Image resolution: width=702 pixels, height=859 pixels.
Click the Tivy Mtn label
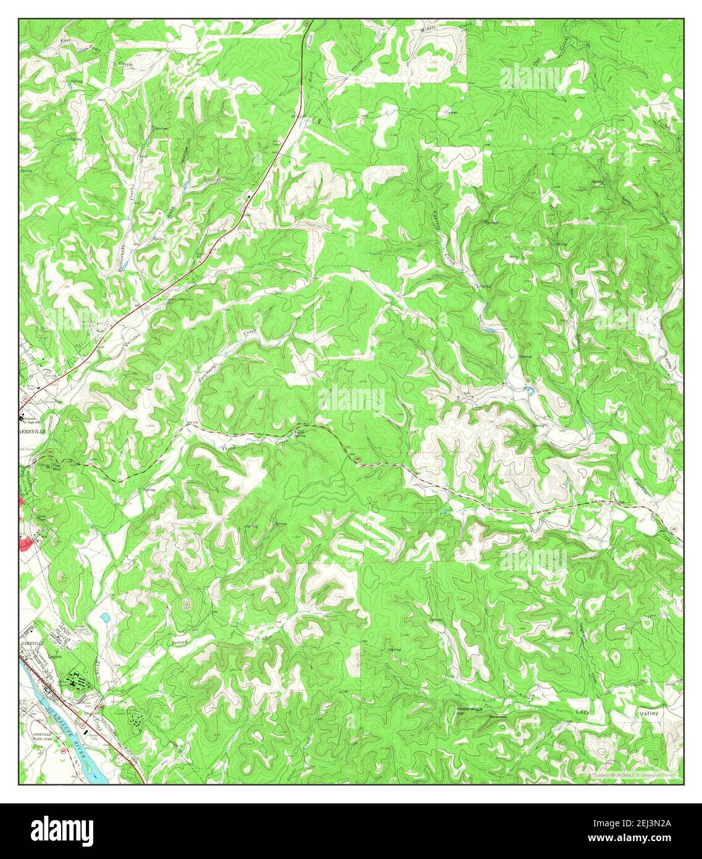[x=57, y=467]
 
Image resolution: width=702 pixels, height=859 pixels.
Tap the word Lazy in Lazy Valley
[x=583, y=712]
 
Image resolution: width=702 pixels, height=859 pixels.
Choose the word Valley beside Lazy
[x=649, y=713]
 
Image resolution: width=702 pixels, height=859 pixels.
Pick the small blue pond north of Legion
[x=104, y=617]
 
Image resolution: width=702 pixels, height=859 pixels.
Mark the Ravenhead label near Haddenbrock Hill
[x=498, y=717]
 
